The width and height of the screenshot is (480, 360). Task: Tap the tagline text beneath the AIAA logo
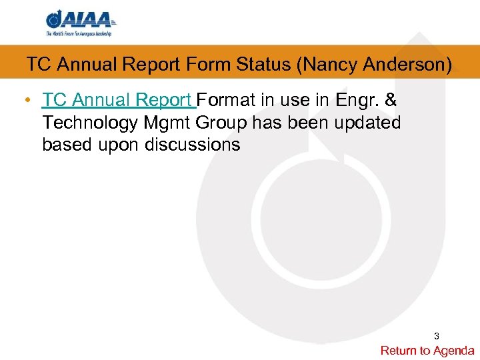point(79,33)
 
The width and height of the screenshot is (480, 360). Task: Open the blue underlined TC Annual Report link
point(119,100)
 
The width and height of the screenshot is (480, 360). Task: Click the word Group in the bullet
point(223,123)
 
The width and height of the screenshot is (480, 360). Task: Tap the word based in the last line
point(65,145)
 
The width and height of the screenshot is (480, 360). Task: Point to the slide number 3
point(437,335)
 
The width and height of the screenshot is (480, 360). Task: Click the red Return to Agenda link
point(427,350)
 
